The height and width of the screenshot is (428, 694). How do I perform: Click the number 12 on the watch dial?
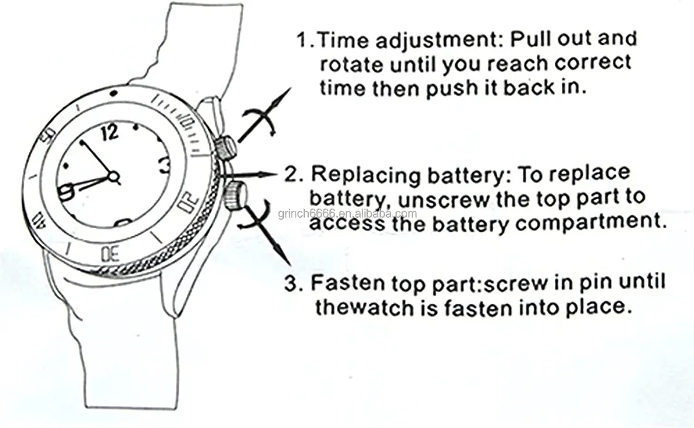pyautogui.click(x=110, y=132)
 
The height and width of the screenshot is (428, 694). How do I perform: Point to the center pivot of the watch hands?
pyautogui.click(x=113, y=176)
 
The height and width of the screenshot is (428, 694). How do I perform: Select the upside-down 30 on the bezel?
pyautogui.click(x=110, y=254)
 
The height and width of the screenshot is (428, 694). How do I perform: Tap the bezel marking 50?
pyautogui.click(x=48, y=135)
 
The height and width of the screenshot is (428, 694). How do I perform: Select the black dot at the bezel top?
pyautogui.click(x=113, y=93)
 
